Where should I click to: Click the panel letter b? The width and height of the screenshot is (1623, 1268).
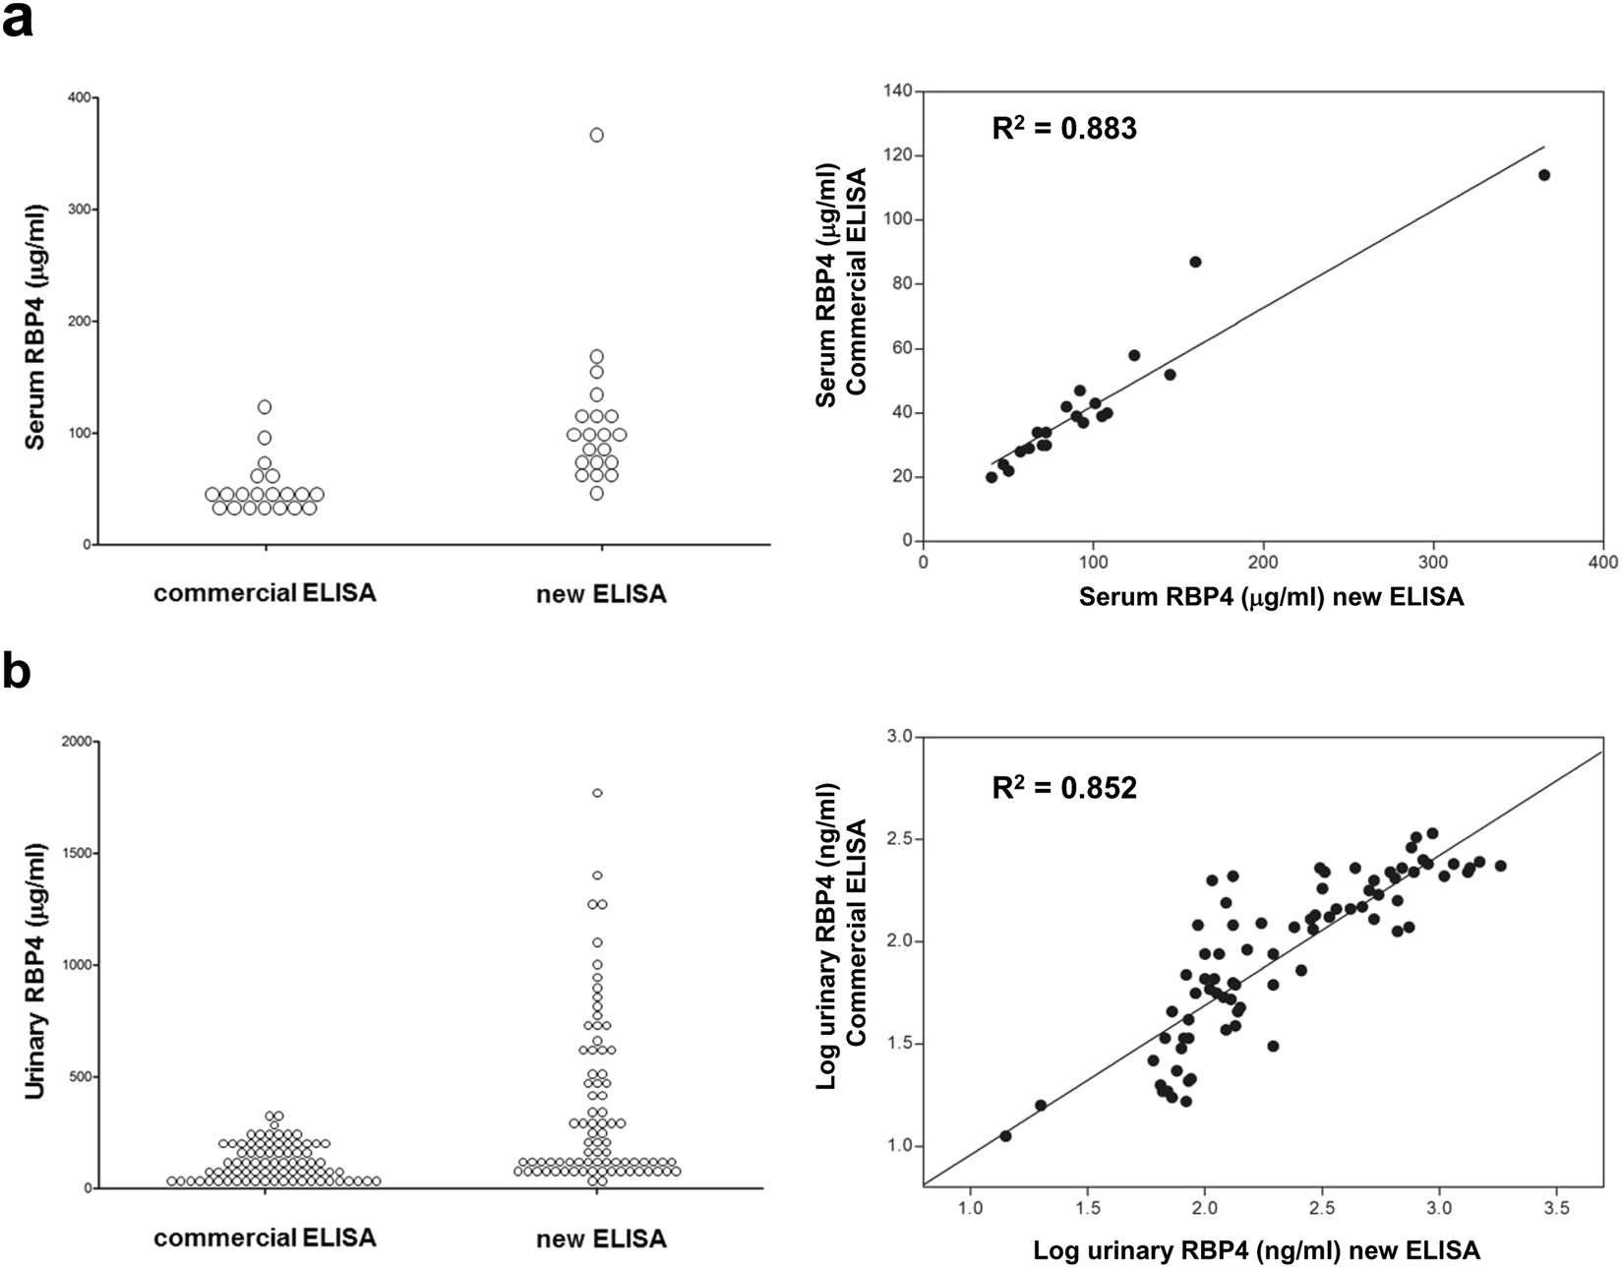click(18, 673)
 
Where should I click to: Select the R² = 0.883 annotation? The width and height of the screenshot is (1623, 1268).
click(1063, 129)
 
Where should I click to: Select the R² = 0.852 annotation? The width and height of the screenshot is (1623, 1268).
click(1063, 788)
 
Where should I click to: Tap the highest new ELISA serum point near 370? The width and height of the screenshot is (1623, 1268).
click(596, 135)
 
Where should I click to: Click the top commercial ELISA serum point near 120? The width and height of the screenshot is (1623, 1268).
click(264, 406)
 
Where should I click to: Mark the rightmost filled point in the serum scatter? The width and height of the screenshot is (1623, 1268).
click(1543, 175)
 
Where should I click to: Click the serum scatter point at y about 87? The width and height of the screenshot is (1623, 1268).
click(1195, 262)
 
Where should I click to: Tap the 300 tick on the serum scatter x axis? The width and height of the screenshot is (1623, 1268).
click(1433, 561)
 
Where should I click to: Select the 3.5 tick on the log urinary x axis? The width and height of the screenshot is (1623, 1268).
click(1557, 1208)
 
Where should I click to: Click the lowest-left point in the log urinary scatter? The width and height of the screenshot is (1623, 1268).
click(1005, 1135)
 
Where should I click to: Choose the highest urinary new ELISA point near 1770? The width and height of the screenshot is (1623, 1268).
click(597, 793)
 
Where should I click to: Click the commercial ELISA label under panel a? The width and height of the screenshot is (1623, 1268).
click(265, 594)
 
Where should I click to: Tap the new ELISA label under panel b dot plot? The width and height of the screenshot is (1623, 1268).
click(601, 1238)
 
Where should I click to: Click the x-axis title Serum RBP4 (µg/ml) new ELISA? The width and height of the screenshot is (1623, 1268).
click(1271, 597)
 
